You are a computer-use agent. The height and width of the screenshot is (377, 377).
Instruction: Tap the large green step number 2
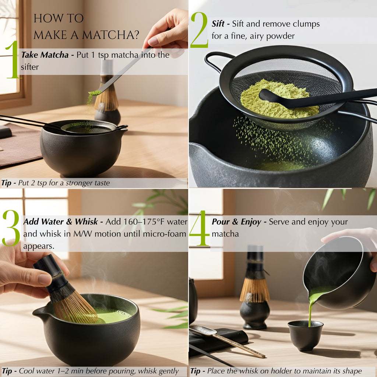point(199,30)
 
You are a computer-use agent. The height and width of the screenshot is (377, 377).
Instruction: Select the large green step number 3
point(11,228)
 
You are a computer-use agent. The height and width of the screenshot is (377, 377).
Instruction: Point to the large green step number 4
point(199,228)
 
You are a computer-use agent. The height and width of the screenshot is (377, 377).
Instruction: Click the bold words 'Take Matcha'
point(45,55)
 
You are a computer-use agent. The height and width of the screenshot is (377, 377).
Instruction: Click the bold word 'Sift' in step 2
point(218,24)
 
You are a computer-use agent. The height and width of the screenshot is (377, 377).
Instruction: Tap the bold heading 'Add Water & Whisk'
point(60,222)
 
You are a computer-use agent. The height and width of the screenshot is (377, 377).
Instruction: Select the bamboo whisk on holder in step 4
point(254,287)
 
